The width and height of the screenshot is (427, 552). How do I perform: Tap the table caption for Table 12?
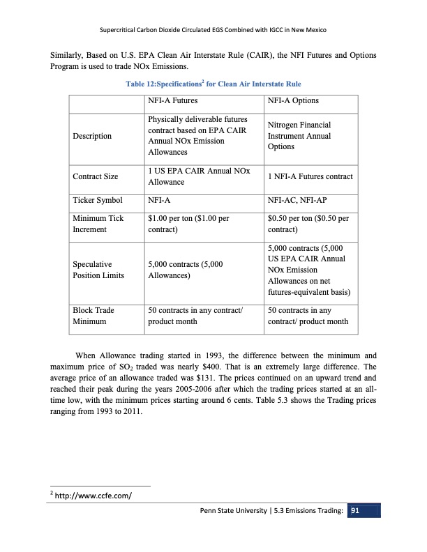coord(213,84)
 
